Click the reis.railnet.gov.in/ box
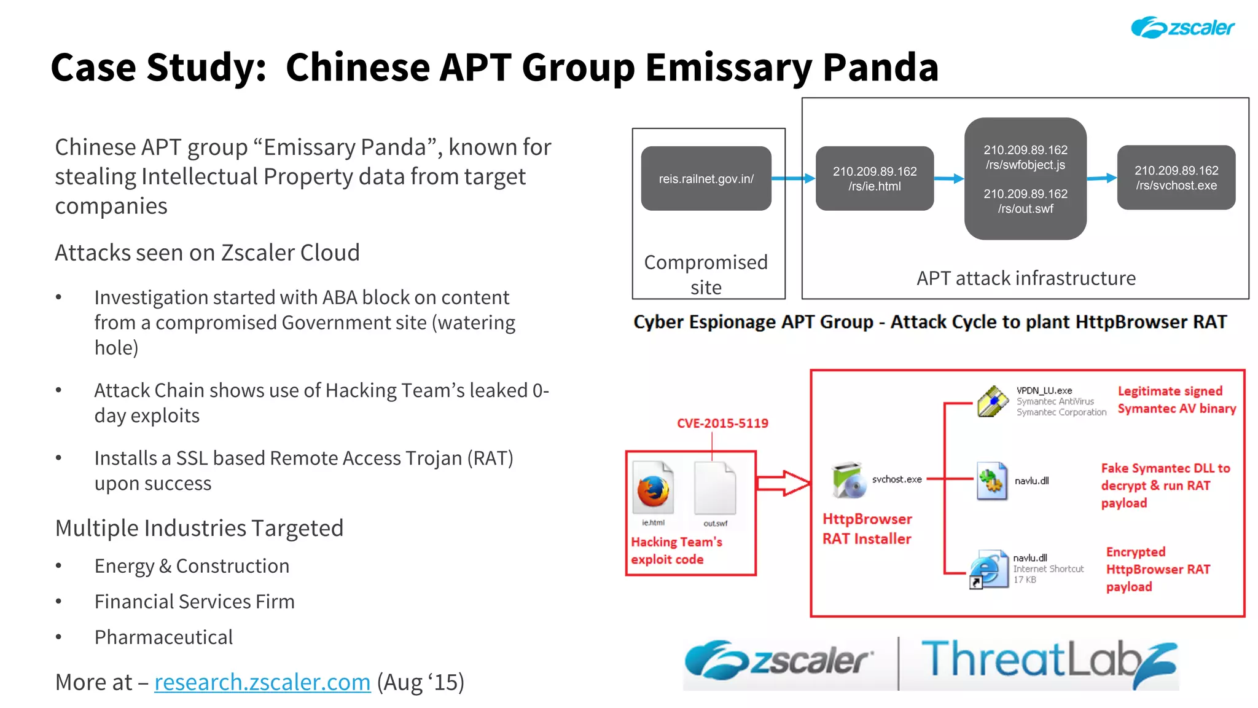pos(706,178)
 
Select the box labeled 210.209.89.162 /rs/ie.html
pos(874,178)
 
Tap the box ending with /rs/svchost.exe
pos(1176,178)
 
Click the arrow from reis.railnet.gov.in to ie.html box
pos(793,178)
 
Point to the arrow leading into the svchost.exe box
pos(1101,178)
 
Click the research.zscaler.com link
pos(262,682)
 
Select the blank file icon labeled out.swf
pos(714,489)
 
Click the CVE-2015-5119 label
pos(722,423)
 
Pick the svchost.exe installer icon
pos(849,479)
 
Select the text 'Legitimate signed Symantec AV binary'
pos(1176,399)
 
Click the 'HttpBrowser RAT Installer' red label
pos(867,529)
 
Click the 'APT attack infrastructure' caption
pos(1025,278)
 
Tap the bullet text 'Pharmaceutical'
pos(163,637)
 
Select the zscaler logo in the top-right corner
pos(1182,28)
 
